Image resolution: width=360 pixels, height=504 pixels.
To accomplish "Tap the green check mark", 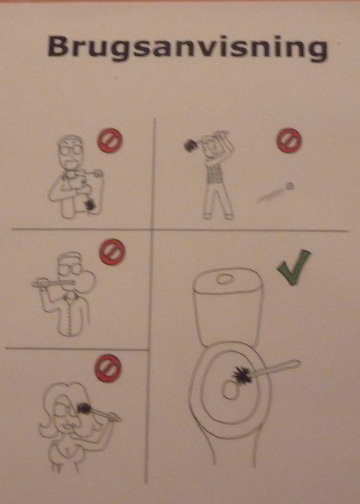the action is pyautogui.click(x=294, y=268).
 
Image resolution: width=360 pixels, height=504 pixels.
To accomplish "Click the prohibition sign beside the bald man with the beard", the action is pyautogui.click(x=110, y=141).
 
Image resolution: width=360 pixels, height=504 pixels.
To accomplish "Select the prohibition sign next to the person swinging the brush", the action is pyautogui.click(x=289, y=140).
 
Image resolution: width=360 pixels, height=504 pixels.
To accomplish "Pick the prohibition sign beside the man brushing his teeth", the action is pyautogui.click(x=112, y=251).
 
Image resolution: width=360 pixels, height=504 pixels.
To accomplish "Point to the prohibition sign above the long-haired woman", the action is pyautogui.click(x=108, y=368).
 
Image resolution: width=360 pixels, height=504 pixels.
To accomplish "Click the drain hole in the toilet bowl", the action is pyautogui.click(x=230, y=389).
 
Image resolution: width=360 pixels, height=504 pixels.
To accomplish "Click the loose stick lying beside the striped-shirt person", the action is pyautogui.click(x=276, y=192).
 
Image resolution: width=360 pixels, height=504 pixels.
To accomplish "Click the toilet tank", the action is pyautogui.click(x=228, y=306).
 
